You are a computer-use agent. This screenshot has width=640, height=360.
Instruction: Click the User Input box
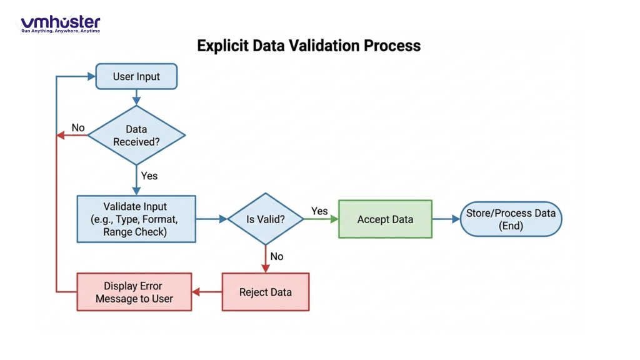click(x=136, y=77)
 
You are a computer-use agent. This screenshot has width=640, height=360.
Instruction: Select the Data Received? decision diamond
click(x=136, y=135)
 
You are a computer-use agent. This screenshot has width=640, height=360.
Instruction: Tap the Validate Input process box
click(x=136, y=219)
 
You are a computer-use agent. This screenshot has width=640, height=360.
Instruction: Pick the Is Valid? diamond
click(x=266, y=219)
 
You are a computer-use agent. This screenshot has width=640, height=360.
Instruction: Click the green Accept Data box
click(x=385, y=219)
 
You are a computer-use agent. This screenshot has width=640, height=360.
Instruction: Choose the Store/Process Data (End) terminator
click(x=511, y=219)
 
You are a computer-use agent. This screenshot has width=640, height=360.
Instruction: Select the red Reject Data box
click(x=266, y=292)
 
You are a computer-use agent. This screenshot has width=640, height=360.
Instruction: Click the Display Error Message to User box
click(x=134, y=292)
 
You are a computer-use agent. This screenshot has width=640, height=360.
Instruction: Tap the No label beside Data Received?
click(x=78, y=127)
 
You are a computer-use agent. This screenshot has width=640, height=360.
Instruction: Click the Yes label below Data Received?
click(x=149, y=176)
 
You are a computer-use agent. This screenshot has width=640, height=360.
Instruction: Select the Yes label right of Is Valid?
click(x=319, y=211)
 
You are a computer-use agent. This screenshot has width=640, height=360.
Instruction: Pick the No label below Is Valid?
click(x=277, y=256)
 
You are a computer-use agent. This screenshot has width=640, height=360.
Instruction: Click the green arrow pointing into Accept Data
click(x=321, y=219)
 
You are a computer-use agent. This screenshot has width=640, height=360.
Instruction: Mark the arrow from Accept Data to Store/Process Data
click(x=446, y=219)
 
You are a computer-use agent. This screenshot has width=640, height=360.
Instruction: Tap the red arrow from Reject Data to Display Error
click(x=207, y=292)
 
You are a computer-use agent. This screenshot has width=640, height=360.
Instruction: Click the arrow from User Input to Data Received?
click(x=136, y=96)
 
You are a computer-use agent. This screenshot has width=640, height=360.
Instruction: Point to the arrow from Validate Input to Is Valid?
click(x=211, y=219)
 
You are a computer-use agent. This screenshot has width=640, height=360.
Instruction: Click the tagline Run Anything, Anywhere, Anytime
click(x=60, y=31)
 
